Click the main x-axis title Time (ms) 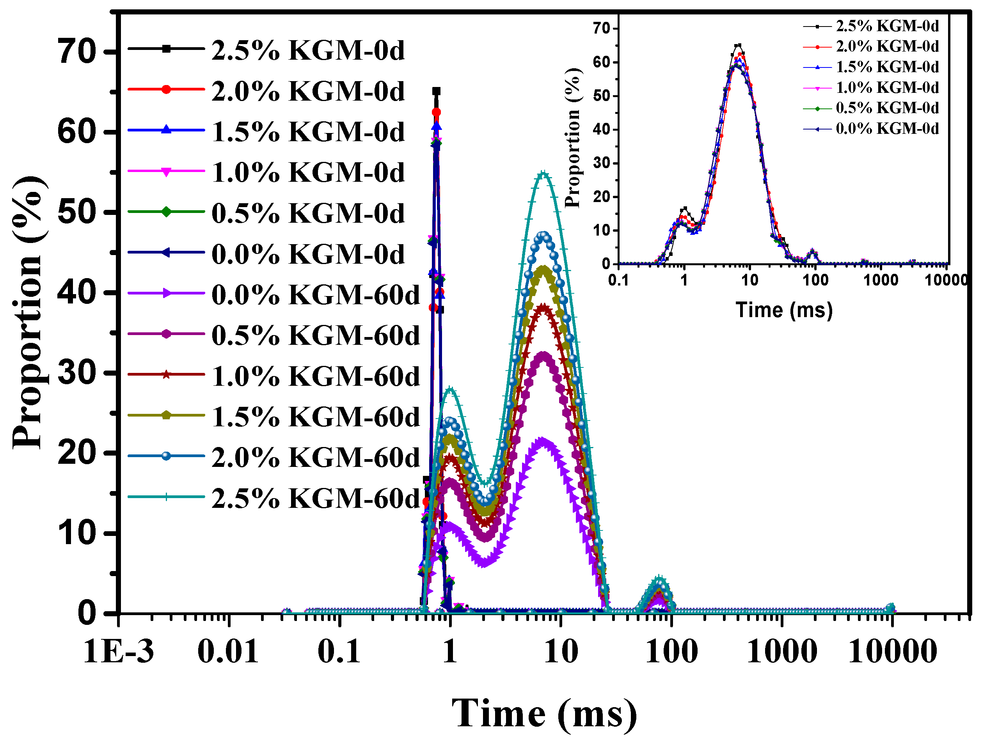point(544,713)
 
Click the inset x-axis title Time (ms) point(784,310)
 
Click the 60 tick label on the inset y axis point(602,62)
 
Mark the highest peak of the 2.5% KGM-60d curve point(544,174)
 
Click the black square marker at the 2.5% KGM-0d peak point(437,91)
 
